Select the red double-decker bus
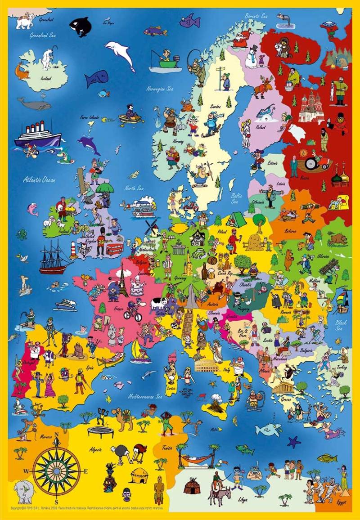(x=115, y=249)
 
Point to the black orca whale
(x=80, y=26)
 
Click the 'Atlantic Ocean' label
(x=39, y=180)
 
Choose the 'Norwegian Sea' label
(x=160, y=89)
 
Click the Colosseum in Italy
(x=206, y=365)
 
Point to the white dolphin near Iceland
(x=120, y=54)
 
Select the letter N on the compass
(x=57, y=435)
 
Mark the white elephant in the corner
(x=24, y=491)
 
